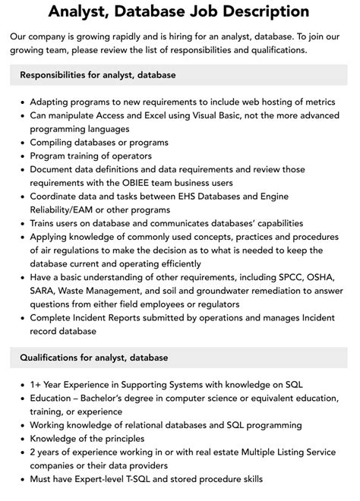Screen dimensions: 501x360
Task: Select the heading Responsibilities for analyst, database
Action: pyautogui.click(x=98, y=74)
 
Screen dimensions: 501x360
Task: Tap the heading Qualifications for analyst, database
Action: pyautogui.click(x=94, y=358)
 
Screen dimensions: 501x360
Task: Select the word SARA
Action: pyautogui.click(x=44, y=289)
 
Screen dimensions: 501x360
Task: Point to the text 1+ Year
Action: pyautogui.click(x=50, y=385)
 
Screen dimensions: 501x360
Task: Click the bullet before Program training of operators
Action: pyautogui.click(x=22, y=156)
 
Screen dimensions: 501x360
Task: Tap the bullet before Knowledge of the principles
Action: pyautogui.click(x=22, y=439)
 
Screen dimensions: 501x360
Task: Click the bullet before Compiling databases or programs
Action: pyautogui.click(x=22, y=142)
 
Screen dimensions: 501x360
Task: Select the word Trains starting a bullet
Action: pyautogui.click(x=45, y=223)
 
